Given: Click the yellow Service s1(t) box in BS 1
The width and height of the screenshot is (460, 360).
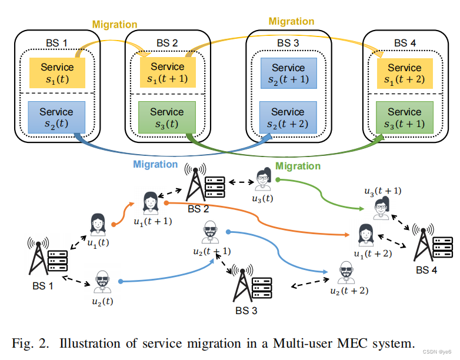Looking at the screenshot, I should pyautogui.click(x=56, y=73).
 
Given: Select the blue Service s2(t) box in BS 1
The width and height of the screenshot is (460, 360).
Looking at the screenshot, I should pyautogui.click(x=56, y=118).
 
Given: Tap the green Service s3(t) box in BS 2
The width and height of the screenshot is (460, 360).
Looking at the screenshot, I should pyautogui.click(x=167, y=118).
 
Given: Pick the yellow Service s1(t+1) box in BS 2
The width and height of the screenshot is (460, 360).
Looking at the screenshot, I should pyautogui.click(x=167, y=73).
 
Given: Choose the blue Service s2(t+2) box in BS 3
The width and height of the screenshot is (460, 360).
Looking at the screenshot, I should pyautogui.click(x=288, y=118).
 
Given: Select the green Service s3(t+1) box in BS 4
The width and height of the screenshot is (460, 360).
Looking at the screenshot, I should pyautogui.click(x=404, y=118).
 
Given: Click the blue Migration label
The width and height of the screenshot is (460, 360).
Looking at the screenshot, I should pyautogui.click(x=155, y=165).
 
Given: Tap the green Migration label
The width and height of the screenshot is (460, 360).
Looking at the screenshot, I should pyautogui.click(x=298, y=166).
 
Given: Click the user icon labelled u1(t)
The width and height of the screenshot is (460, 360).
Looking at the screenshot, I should pyautogui.click(x=98, y=225).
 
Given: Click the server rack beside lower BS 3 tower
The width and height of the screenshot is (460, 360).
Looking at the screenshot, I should pyautogui.click(x=262, y=286).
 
